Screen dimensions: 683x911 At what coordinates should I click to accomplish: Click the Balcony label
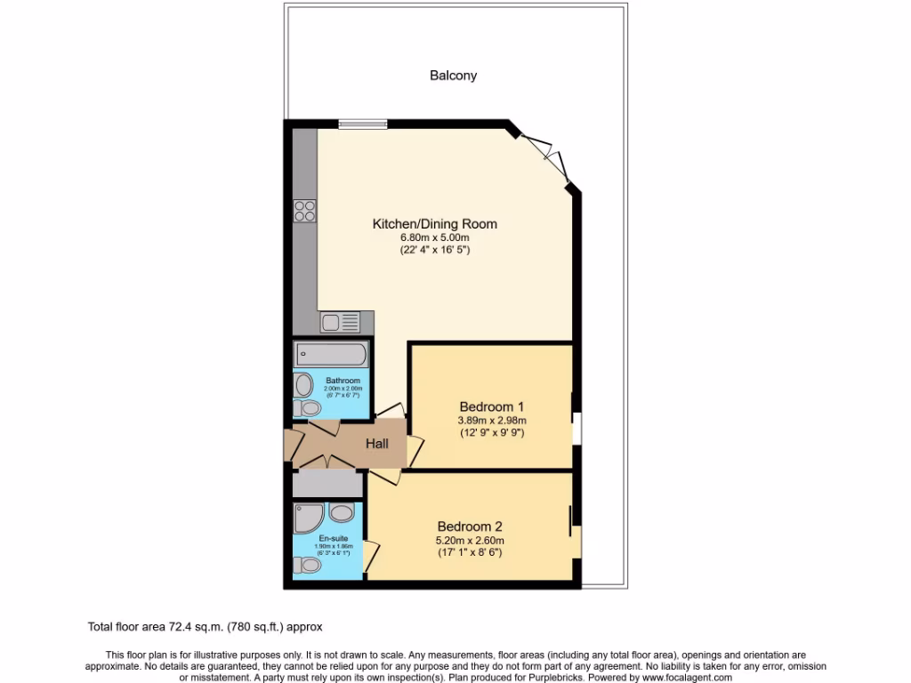tap(453, 76)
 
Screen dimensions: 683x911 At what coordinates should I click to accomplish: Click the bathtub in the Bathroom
tap(330, 355)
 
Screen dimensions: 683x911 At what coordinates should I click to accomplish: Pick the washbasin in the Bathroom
tap(303, 385)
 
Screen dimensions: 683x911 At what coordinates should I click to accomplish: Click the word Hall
tap(377, 443)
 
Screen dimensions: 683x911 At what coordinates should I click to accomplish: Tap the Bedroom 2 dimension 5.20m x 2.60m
tap(471, 540)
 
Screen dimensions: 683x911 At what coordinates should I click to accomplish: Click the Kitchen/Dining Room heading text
tap(434, 224)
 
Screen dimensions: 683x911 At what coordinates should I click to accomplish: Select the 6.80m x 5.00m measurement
tap(434, 237)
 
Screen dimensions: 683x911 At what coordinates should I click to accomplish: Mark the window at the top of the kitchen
tap(362, 125)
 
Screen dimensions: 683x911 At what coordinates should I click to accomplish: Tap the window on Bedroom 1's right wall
tap(576, 427)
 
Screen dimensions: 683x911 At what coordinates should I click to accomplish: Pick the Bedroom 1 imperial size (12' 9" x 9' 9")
tap(492, 433)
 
